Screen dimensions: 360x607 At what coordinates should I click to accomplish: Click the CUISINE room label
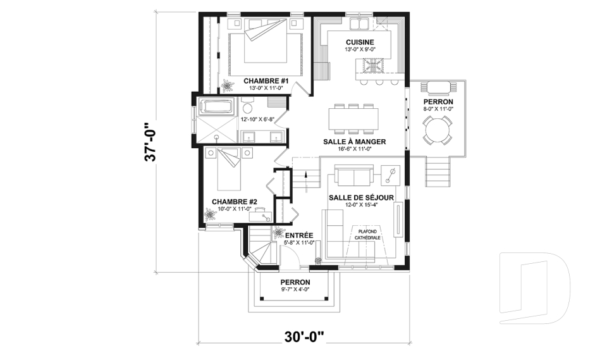pos(359,42)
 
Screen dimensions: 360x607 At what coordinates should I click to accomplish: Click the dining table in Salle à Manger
pos(353,118)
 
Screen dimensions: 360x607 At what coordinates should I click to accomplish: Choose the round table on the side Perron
pos(437,133)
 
